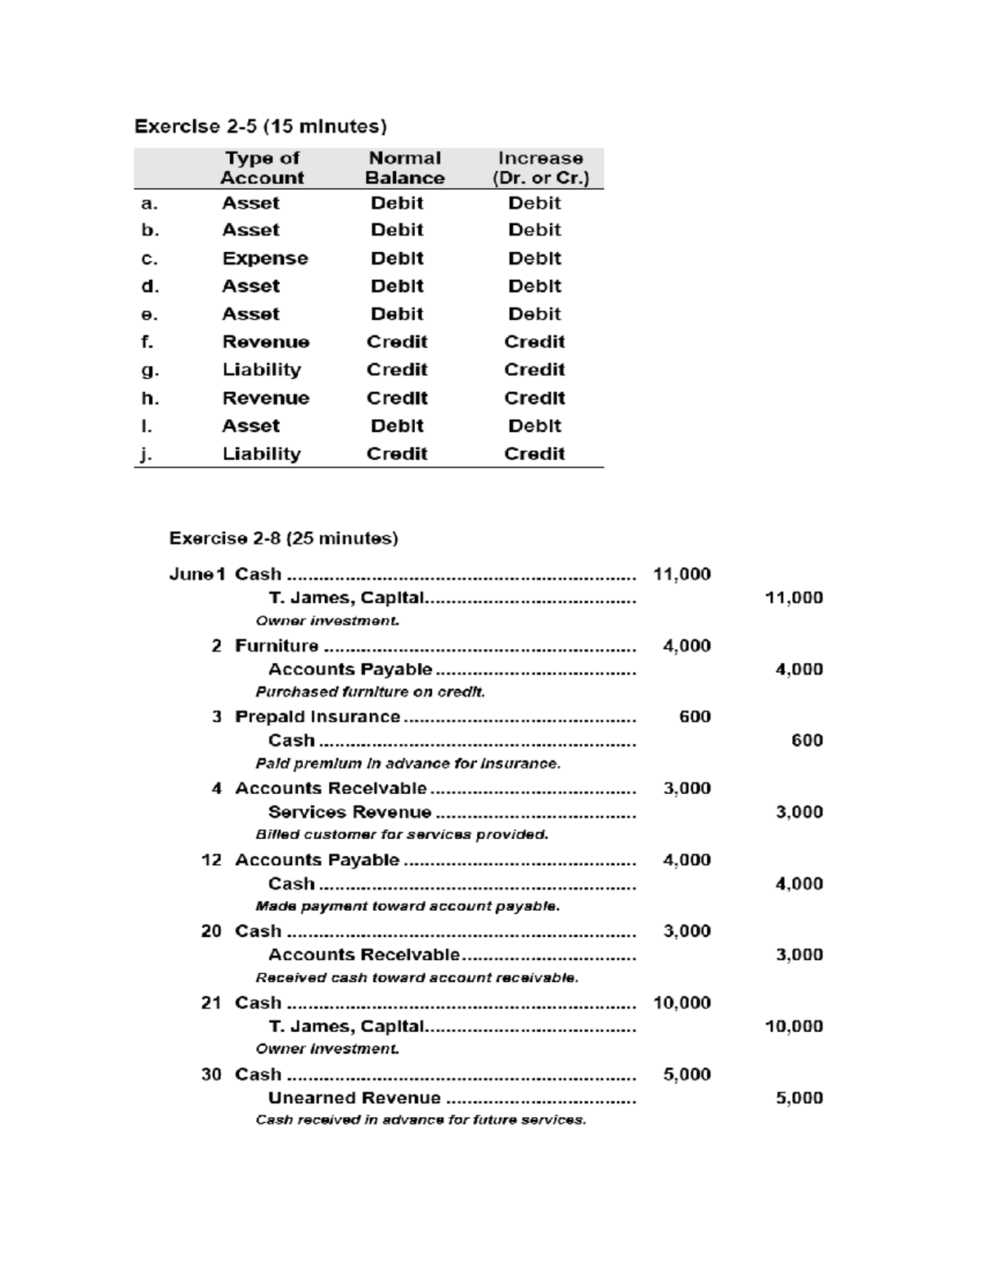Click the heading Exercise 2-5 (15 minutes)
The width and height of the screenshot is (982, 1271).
(x=260, y=127)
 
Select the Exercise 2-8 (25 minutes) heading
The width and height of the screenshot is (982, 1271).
(x=283, y=539)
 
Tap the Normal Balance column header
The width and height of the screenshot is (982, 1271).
(x=404, y=168)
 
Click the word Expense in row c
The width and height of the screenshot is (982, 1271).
(x=265, y=259)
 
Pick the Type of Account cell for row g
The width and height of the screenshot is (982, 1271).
(x=261, y=370)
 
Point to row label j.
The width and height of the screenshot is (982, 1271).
(x=146, y=454)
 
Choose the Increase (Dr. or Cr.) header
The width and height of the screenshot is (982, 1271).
(x=540, y=168)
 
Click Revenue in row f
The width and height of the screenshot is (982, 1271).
(x=265, y=342)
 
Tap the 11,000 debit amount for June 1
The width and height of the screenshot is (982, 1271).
(x=681, y=575)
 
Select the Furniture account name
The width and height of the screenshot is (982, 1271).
(x=277, y=646)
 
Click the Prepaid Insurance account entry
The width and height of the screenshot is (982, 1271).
(x=318, y=717)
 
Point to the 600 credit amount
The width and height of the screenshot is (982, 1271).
(x=806, y=741)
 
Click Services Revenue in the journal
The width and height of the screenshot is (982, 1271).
(x=349, y=812)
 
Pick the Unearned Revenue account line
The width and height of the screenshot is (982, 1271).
(x=354, y=1098)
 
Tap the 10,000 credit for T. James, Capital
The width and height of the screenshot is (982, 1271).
(x=793, y=1026)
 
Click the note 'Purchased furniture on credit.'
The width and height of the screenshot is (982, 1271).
(x=370, y=692)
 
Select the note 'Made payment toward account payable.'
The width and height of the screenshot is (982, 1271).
(x=408, y=907)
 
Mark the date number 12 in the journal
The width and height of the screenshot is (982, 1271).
(x=211, y=860)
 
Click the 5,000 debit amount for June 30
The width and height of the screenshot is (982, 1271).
(x=686, y=1075)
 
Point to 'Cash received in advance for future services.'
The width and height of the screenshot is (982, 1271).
(x=421, y=1120)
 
